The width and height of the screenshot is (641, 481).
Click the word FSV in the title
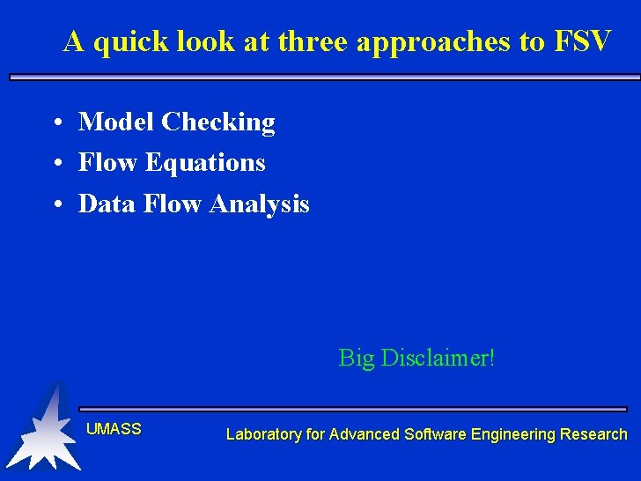[x=582, y=41]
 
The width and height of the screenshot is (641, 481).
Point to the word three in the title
[x=312, y=41]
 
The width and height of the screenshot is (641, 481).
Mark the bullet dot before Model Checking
[x=55, y=122]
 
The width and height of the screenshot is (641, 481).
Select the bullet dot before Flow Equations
[x=55, y=164]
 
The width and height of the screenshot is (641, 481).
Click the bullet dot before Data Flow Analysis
[x=55, y=205]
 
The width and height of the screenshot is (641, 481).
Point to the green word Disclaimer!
[x=438, y=359]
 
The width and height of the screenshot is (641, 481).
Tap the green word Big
[x=357, y=359]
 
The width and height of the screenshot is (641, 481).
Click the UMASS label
[x=114, y=429]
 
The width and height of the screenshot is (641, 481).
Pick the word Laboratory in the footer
[x=263, y=434]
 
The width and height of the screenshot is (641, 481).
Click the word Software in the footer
[x=435, y=434]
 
